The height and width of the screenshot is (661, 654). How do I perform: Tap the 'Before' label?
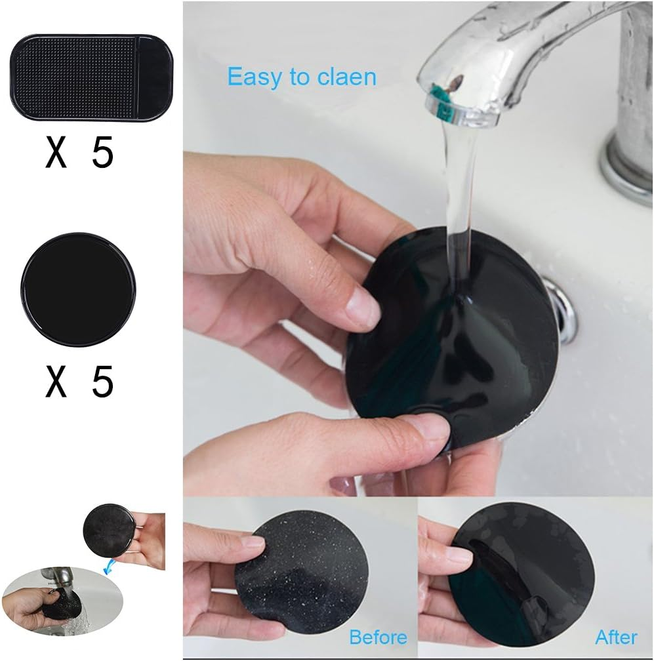[x=378, y=637]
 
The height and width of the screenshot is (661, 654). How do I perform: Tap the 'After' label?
[x=616, y=637]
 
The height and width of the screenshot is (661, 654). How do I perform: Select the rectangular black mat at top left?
[x=91, y=77]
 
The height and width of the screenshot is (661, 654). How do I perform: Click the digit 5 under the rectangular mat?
[x=102, y=153]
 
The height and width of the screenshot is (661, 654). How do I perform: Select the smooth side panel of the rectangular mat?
[x=155, y=77]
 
